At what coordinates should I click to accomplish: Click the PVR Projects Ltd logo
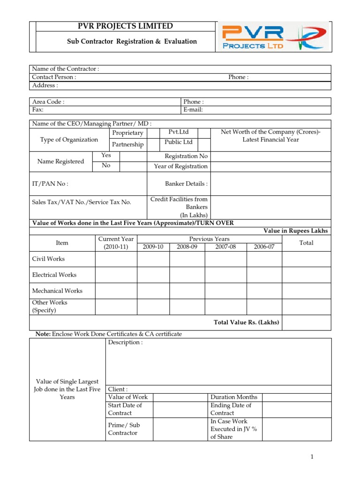274,37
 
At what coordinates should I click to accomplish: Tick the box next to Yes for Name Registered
133,156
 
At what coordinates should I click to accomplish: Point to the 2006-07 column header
264,247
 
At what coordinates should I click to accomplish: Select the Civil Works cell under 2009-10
153,259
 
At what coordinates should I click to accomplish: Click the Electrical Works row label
54,275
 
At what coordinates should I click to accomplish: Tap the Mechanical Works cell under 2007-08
225,291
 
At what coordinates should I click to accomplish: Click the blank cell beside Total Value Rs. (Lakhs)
307,322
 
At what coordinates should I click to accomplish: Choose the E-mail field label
193,110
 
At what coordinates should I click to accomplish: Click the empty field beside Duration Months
296,397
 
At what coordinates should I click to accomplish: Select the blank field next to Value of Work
180,397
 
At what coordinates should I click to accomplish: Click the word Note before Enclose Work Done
43,334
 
